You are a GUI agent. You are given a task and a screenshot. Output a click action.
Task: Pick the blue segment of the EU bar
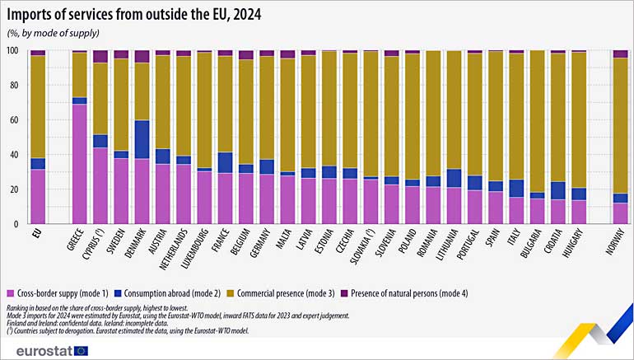pos(37,163)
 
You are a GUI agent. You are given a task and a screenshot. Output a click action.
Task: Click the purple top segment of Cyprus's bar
pos(100,56)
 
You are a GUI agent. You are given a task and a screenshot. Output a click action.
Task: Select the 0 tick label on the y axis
pos(16,224)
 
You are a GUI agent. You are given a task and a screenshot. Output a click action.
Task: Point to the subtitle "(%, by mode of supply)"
pos(53,32)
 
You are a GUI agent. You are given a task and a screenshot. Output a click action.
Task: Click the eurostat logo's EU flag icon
pos(81,349)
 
